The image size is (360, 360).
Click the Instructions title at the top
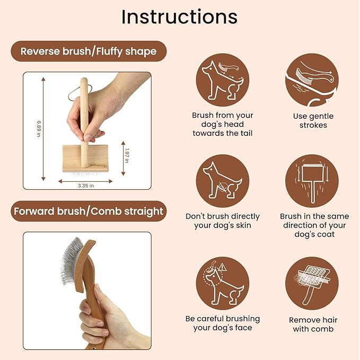(179, 17)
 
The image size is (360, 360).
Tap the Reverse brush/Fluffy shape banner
(88, 51)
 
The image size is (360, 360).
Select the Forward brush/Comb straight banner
(88, 211)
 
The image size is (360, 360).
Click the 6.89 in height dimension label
(39, 129)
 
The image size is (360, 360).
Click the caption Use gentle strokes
(313, 121)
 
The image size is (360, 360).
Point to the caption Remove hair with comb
(313, 324)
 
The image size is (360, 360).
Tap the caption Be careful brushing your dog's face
(222, 323)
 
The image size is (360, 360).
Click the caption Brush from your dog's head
(222, 124)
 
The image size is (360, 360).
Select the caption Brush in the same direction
(314, 225)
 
